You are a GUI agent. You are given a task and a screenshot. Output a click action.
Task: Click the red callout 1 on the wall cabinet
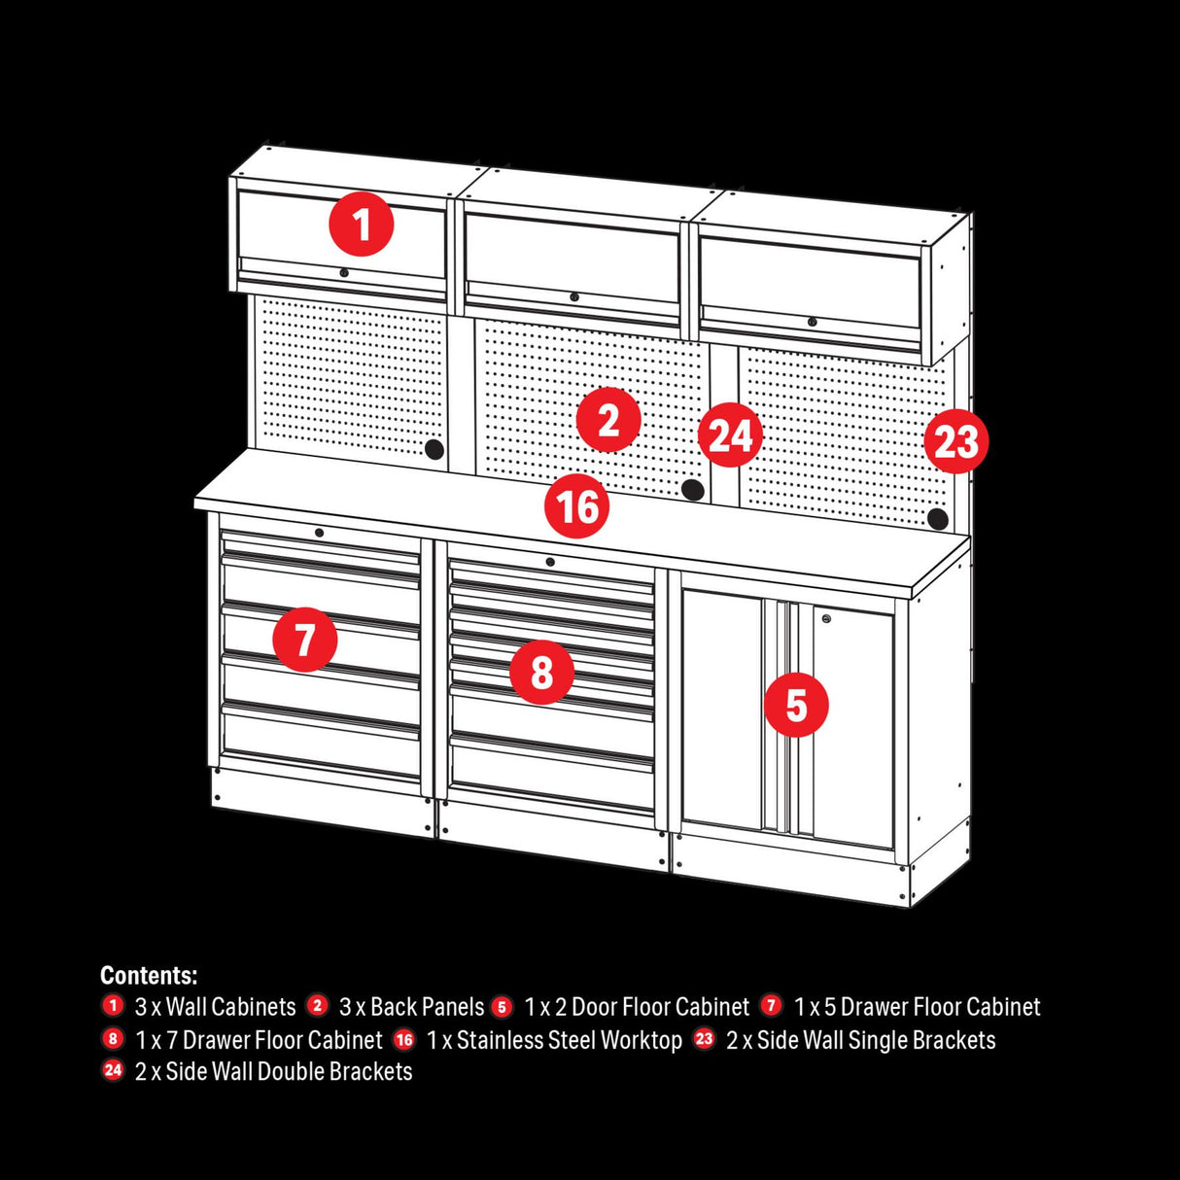coord(362,225)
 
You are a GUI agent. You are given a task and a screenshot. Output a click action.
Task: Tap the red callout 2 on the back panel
coord(608,421)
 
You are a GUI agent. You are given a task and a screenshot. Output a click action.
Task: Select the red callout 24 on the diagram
coord(730,435)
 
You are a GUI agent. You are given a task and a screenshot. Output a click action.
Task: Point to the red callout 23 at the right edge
coord(955,442)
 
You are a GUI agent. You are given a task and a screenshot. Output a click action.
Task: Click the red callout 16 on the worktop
coord(577,506)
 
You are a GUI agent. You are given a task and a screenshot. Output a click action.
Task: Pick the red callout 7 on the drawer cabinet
coord(305,641)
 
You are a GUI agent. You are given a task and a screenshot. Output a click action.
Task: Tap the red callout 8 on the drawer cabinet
coord(541,672)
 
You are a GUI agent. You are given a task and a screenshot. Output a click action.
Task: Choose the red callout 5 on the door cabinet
coord(796,705)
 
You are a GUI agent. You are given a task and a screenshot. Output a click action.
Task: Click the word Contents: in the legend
coord(149,975)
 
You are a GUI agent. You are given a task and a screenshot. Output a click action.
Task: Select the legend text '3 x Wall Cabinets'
coord(215,1007)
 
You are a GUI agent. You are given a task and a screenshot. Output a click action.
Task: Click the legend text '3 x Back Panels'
coord(411,1007)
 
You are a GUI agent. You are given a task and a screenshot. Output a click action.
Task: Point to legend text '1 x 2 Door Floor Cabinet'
coord(637,1007)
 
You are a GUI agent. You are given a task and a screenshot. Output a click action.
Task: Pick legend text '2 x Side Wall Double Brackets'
coord(273,1072)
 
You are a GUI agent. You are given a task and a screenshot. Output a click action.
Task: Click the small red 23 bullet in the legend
coord(705,1039)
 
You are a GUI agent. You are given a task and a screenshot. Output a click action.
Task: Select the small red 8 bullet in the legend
coord(114,1039)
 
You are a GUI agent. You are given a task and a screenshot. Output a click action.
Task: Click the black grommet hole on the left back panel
coord(434,449)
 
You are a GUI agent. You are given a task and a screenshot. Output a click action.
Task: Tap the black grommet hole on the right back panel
coord(937,519)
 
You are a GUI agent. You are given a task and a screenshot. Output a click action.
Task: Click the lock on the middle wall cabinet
coord(574,297)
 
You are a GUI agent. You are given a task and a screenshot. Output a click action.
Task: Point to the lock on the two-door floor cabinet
coord(826,617)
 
